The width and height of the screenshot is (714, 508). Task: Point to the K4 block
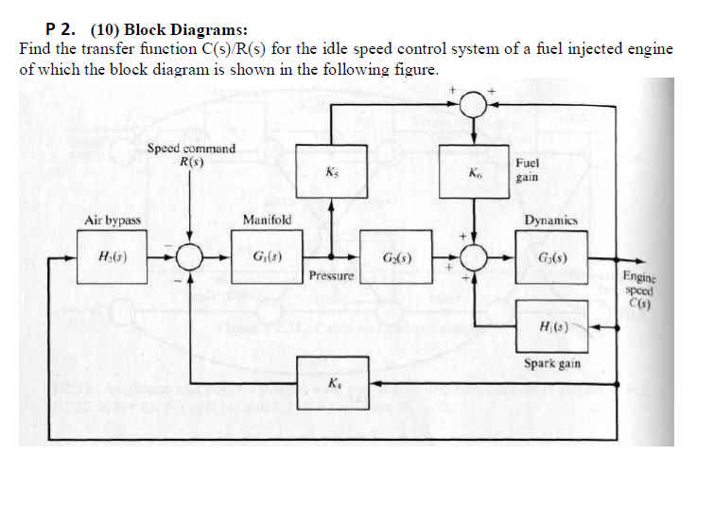331,383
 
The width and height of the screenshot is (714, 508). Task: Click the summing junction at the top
475,106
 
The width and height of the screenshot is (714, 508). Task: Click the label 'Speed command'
191,149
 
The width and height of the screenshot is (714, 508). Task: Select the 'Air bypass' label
113,220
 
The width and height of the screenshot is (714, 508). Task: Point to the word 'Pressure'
331,275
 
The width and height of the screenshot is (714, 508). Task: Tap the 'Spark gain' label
553,363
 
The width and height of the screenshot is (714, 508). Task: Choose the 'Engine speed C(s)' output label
639,289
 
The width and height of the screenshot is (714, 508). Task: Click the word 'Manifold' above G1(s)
267,220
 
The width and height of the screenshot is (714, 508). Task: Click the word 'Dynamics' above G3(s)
552,220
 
